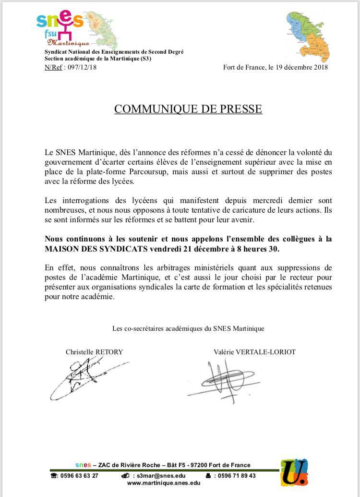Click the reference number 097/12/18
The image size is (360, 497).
pyautogui.click(x=81, y=68)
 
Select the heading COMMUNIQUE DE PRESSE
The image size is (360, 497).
pyautogui.click(x=188, y=109)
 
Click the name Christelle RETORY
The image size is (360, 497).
pyautogui.click(x=94, y=352)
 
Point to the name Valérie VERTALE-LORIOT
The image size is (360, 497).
pyautogui.click(x=254, y=352)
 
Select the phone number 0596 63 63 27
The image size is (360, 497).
pyautogui.click(x=79, y=476)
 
